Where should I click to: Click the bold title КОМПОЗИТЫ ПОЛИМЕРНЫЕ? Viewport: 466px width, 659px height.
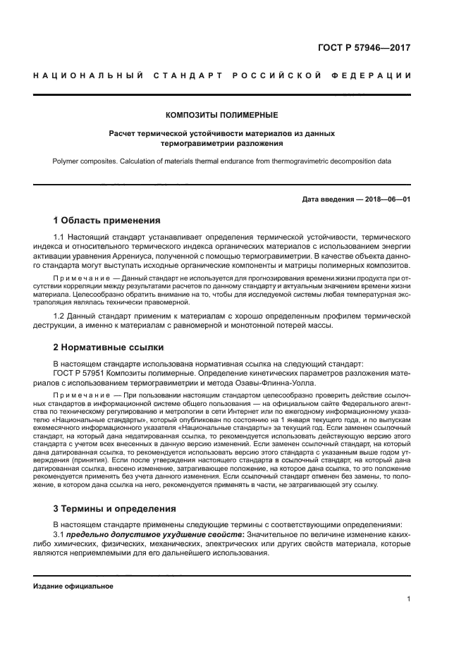(x=221, y=114)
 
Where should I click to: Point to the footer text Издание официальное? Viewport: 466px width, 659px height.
(x=73, y=586)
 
